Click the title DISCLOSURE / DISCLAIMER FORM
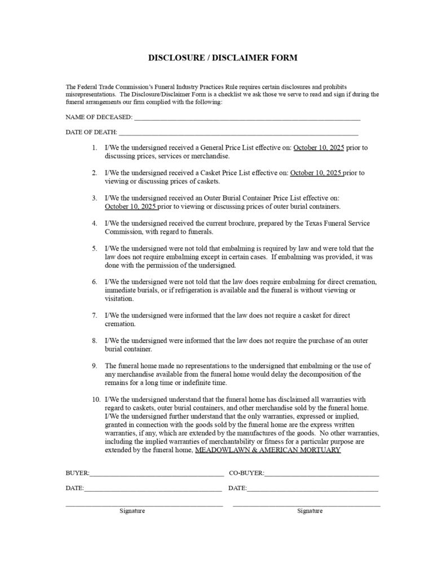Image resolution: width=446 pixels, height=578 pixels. point(222,58)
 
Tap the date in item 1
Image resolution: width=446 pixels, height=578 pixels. point(318,148)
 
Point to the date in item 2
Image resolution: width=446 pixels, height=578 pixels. point(316,173)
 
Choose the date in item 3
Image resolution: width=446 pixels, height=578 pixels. point(131,207)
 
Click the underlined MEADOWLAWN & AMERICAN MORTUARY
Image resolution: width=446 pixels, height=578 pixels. point(267,450)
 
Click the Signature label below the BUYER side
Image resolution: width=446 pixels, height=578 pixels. point(132,511)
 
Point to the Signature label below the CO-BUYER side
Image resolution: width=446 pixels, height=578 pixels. point(310,511)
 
